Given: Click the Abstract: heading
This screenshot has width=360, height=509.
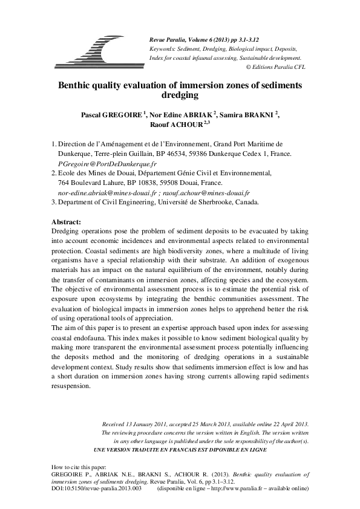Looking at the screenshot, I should (67, 222).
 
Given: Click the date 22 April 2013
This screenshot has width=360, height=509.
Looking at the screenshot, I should (283, 424).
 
